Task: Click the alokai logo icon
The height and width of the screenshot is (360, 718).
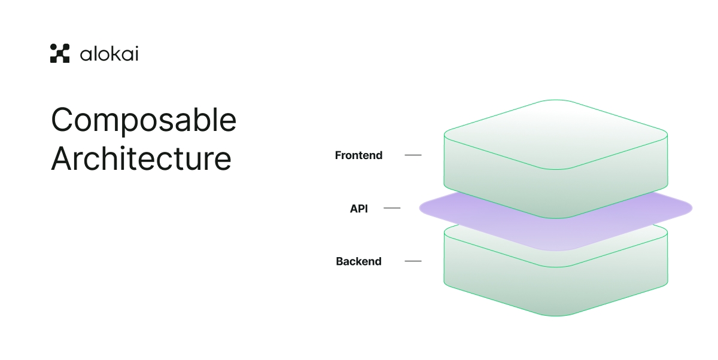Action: point(60,53)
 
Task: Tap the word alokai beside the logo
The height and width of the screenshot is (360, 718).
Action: point(109,54)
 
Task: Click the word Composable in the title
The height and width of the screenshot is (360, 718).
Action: point(144,121)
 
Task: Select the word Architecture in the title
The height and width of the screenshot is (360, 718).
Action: point(141,159)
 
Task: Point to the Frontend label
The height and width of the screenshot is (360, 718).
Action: point(358,155)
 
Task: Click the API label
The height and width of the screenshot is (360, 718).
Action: point(359,209)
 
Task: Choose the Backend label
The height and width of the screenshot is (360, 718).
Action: point(358,261)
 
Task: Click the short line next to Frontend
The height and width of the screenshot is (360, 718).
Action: point(413,155)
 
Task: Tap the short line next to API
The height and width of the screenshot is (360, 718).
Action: point(392,208)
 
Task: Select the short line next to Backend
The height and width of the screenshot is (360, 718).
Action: point(413,261)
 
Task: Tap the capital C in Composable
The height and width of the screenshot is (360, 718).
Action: point(63,121)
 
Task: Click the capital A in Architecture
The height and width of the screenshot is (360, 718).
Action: point(63,159)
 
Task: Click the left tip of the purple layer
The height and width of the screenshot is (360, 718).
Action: point(421,208)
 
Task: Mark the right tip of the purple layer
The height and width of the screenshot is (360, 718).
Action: point(690,208)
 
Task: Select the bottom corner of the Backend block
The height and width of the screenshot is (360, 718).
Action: point(556,315)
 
